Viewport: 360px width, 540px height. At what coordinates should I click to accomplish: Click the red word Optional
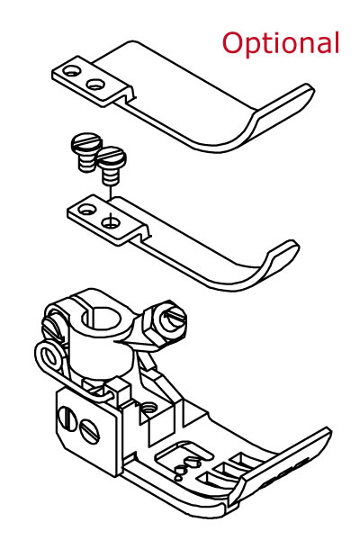pos(281,43)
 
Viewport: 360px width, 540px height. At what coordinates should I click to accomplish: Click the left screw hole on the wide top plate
pos(72,71)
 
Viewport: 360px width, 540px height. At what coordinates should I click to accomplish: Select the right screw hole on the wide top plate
pos(95,85)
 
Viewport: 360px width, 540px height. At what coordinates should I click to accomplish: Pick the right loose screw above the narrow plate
pos(112,165)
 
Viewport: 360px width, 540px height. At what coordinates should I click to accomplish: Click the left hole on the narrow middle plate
pos(86,209)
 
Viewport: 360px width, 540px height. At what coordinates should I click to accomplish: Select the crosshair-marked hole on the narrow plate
pos(111,222)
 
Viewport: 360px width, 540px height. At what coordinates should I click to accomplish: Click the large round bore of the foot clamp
pos(102,319)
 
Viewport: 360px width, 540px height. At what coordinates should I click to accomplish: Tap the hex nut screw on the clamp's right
pos(166,320)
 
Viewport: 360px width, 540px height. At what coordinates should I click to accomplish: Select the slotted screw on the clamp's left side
pos(51,329)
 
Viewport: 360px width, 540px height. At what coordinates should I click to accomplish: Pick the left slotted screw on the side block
pos(67,418)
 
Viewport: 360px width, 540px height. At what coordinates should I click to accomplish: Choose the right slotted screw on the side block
pos(89,431)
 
